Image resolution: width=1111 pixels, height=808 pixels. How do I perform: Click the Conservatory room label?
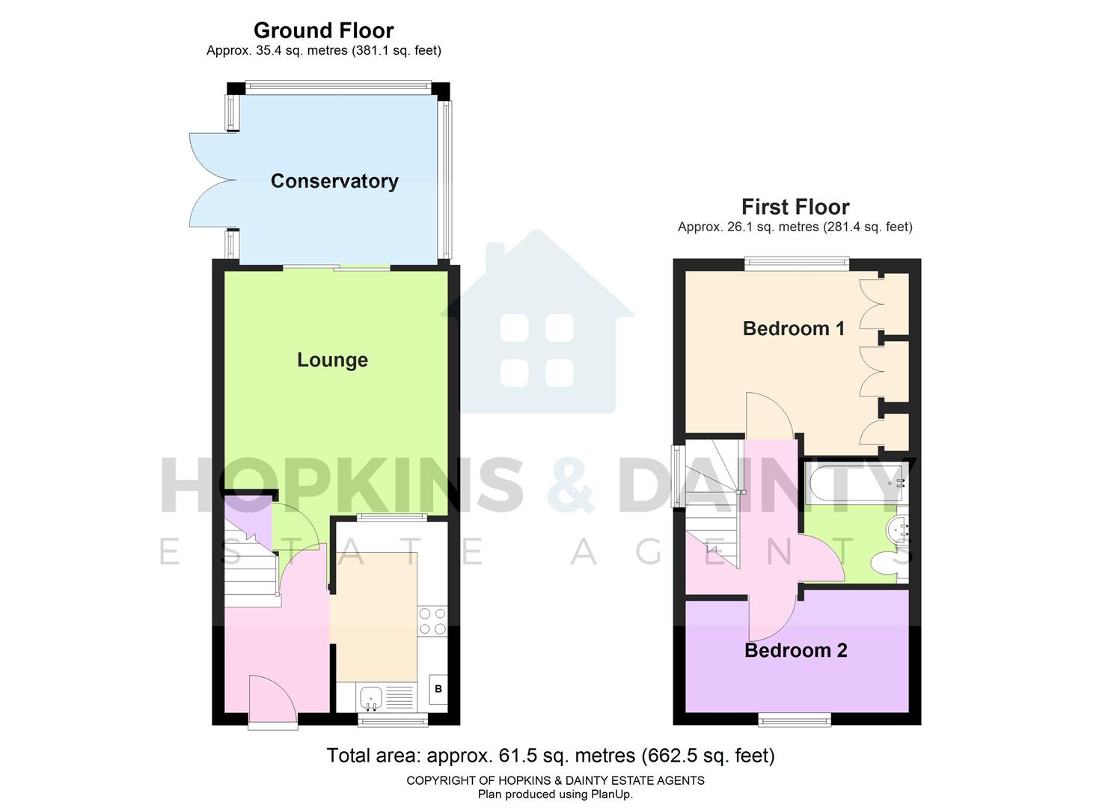click(x=334, y=181)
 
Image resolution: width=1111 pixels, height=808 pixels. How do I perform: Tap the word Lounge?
click(x=332, y=360)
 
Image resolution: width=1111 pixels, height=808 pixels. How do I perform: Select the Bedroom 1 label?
click(x=793, y=328)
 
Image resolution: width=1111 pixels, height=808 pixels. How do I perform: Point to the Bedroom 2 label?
click(x=795, y=650)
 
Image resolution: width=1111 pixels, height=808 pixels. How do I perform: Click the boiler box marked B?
click(x=438, y=689)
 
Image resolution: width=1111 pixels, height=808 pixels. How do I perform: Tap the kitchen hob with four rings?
click(x=432, y=621)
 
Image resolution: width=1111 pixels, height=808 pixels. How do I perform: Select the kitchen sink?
click(x=371, y=699)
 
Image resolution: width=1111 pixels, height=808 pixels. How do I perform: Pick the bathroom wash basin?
click(x=897, y=530)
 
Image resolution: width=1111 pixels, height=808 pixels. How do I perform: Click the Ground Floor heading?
click(x=323, y=31)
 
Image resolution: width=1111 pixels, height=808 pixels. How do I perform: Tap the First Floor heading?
click(x=795, y=207)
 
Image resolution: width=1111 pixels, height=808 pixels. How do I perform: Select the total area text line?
click(x=551, y=756)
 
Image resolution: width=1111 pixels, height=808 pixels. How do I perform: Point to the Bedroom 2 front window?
click(x=795, y=720)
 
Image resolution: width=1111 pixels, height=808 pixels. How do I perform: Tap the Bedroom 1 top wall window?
click(x=797, y=263)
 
